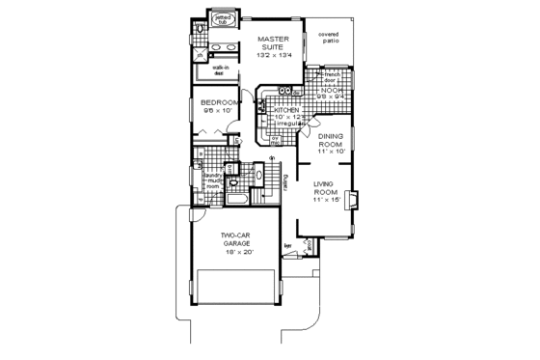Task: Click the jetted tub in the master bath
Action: (x=223, y=20)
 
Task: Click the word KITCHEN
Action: (x=284, y=111)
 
